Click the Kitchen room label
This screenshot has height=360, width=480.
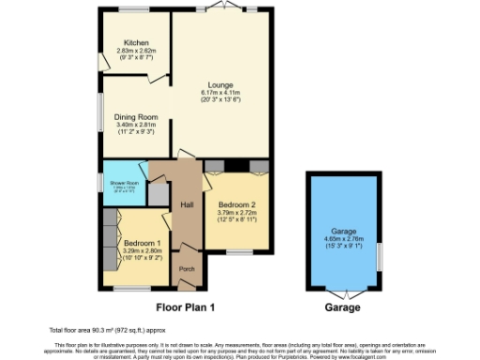[136, 43]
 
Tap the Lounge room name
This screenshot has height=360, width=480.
[221, 84]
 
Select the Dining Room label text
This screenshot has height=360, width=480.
[136, 117]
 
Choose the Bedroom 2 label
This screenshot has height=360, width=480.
[236, 205]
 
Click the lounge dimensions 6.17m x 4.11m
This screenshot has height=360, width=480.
[221, 92]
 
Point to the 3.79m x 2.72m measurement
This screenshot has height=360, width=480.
[236, 213]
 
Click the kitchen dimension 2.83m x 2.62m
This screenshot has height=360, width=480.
[136, 51]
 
